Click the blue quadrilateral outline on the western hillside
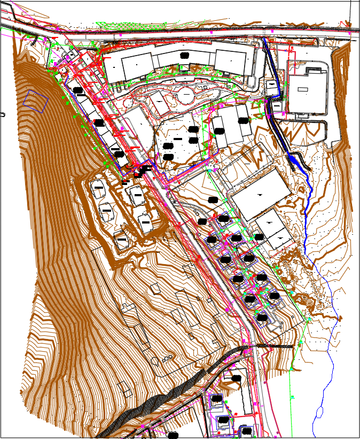[36, 101]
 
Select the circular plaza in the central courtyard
[185, 97]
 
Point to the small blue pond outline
[320, 412]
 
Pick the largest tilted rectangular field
[261, 195]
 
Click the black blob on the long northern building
[184, 56]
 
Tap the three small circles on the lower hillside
[168, 358]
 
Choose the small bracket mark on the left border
[2, 114]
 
